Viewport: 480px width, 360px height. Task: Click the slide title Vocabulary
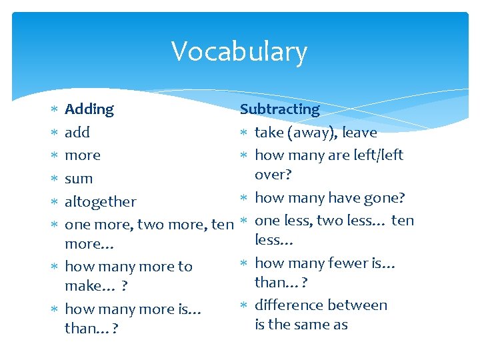click(x=239, y=52)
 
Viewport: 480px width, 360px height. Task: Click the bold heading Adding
click(x=89, y=109)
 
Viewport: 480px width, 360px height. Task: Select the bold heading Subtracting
click(x=280, y=109)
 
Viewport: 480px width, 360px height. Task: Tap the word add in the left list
click(x=77, y=133)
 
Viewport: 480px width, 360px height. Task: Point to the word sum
click(x=79, y=179)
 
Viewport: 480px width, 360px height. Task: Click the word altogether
click(x=101, y=201)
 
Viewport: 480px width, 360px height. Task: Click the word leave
click(x=359, y=133)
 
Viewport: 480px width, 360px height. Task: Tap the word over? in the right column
click(x=273, y=174)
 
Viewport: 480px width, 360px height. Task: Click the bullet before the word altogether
click(x=55, y=201)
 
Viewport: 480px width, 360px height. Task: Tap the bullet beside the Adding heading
click(x=55, y=109)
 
